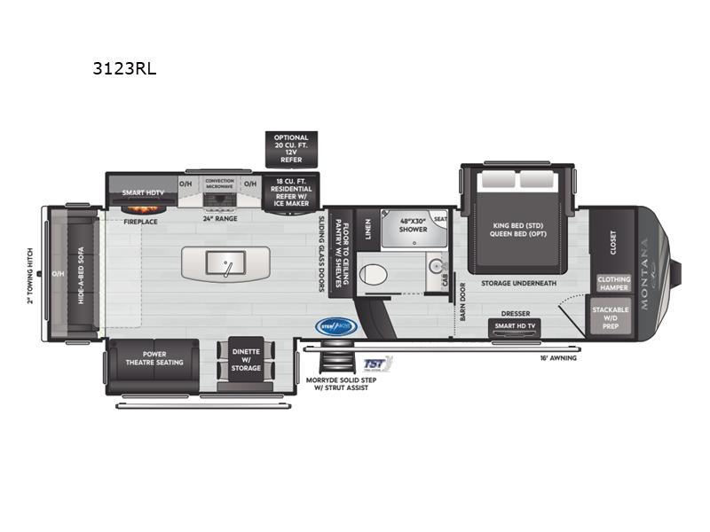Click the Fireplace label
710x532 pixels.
pos(140,222)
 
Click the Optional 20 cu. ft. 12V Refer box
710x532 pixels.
pos(291,149)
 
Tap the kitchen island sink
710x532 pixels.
pos(226,262)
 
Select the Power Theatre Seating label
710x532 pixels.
pos(153,357)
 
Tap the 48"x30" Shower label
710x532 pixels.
pos(414,224)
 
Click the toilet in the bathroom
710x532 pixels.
pos(377,275)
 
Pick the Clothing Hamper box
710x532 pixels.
pos(613,284)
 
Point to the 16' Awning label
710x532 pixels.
pos(557,359)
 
